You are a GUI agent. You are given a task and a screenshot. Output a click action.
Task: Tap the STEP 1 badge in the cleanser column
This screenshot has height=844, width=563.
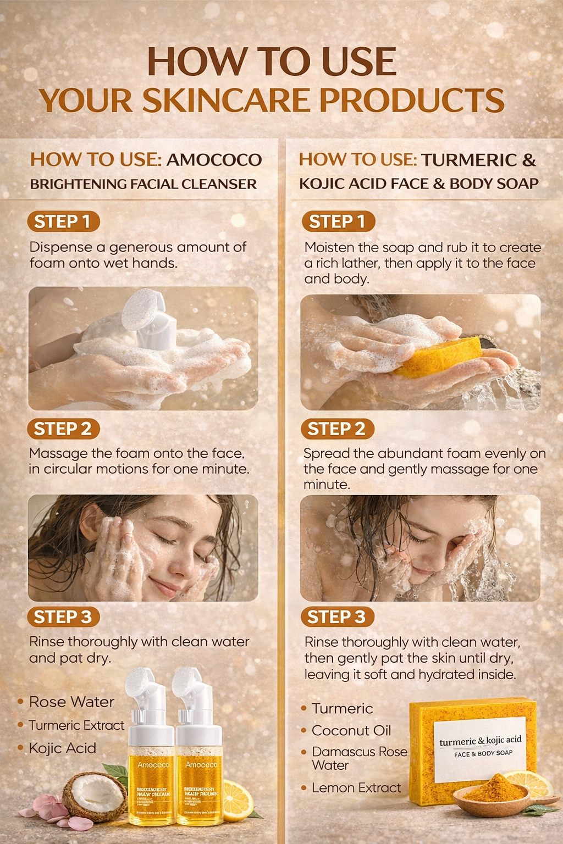[x=63, y=221]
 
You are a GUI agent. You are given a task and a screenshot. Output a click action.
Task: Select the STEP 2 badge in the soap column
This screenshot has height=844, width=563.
[x=337, y=429]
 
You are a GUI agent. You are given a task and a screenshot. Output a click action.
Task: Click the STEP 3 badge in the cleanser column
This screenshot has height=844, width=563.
[x=63, y=617]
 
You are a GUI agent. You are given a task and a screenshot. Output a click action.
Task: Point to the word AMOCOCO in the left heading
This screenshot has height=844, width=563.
[x=214, y=160]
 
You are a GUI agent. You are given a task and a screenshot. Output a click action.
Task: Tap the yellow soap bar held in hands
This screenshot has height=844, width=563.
[x=440, y=357]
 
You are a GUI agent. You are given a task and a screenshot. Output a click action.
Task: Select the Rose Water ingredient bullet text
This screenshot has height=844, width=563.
[x=71, y=702]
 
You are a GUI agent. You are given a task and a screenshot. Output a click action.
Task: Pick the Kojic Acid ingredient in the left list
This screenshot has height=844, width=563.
[x=62, y=748]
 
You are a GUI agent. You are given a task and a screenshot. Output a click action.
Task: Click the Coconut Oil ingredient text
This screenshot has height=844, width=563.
[x=351, y=730]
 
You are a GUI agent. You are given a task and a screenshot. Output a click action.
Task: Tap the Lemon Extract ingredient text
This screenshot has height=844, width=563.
[x=356, y=787]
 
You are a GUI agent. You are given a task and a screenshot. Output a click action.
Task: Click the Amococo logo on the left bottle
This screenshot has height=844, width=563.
[x=153, y=765]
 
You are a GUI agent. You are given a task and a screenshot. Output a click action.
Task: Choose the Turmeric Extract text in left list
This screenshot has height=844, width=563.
[x=76, y=725]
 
